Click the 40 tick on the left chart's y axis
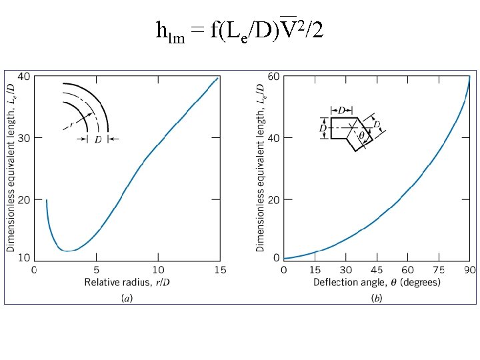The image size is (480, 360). pos(23,76)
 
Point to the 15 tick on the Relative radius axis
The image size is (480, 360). pos(220,270)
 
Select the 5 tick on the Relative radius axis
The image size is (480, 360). pos(96,270)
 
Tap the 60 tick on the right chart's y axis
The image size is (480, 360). pos(273,77)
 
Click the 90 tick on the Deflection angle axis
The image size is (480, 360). pos(469,270)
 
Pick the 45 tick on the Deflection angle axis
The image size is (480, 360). pos(377,270)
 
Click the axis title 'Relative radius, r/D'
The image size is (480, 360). pos(126,283)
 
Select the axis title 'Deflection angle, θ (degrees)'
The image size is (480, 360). pos(377,283)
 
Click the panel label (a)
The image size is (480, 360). pos(126,297)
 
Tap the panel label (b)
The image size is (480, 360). pos(377,297)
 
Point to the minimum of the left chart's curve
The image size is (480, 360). pos(66,251)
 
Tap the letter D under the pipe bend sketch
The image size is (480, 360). pos(97,139)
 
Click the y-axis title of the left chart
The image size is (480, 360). pos(11,163)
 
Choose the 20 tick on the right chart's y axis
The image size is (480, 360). pos(273,199)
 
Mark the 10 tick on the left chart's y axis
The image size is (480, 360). pos(23,257)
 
